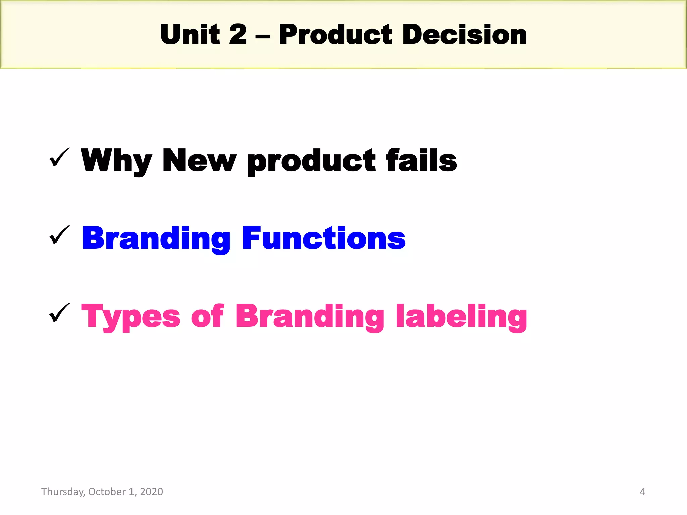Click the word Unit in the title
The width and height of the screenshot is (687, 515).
pos(190,35)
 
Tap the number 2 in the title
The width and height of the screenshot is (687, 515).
pos(237,35)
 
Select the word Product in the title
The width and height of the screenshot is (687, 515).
pos(335,35)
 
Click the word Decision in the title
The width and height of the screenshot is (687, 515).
pos(464,35)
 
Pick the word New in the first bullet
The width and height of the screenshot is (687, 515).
pos(199,160)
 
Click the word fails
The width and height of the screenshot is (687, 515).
pos(421,160)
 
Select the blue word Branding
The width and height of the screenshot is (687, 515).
pos(156,239)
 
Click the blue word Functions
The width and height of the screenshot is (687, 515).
pos(324,238)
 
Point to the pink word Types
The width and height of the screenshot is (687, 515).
pos(131,317)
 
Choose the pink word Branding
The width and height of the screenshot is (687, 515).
pos(310,317)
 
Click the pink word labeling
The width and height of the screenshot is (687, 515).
pos(461,317)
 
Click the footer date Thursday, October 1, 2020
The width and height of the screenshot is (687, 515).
pos(102,492)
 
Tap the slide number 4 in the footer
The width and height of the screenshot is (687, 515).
pos(642,492)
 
